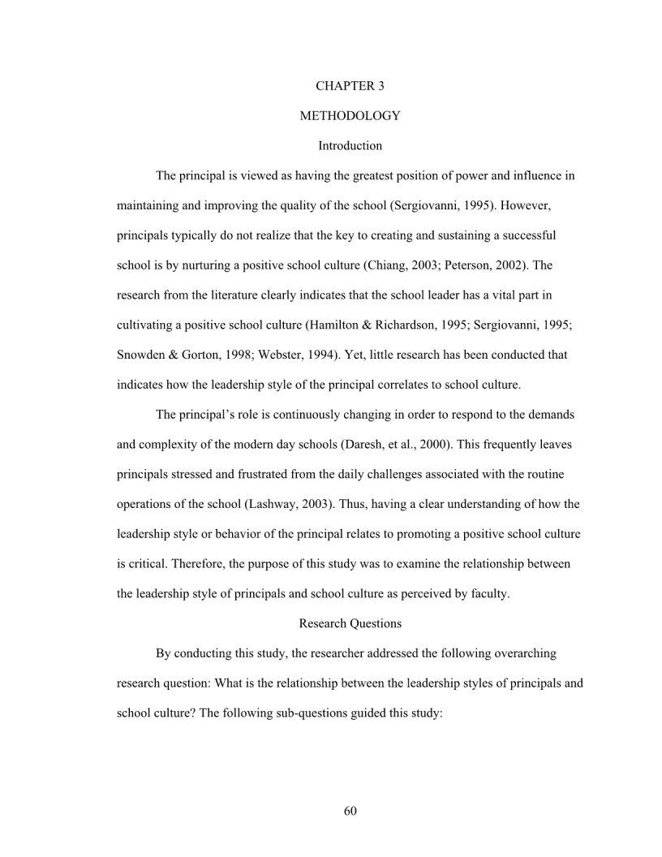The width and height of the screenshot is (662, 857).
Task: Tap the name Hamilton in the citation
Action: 330,325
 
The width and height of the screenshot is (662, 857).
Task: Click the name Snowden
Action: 140,355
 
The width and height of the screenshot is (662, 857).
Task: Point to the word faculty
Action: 489,593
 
